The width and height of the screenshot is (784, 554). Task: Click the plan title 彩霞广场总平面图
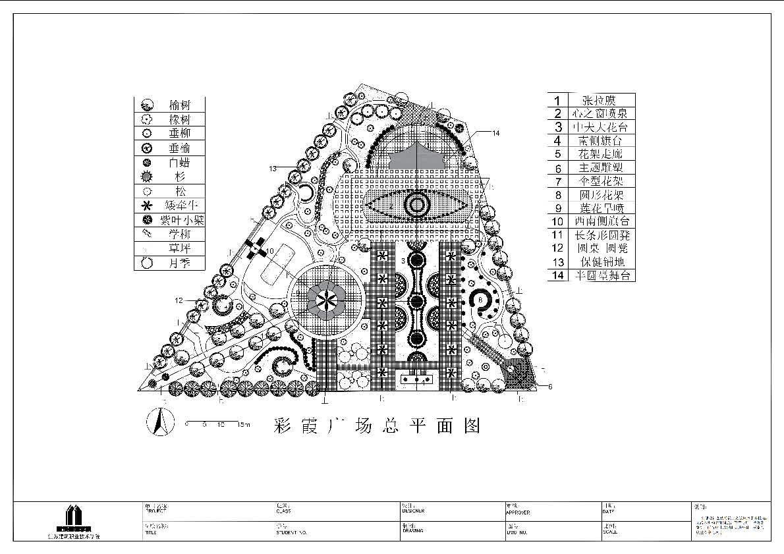click(x=376, y=426)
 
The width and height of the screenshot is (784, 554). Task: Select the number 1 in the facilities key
click(x=557, y=101)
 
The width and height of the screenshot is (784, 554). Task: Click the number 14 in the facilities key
click(x=557, y=275)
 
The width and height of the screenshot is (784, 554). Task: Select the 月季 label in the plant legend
click(x=179, y=263)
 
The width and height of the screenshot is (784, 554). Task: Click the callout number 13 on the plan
click(x=273, y=169)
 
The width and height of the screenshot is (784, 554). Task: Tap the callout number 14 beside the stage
click(x=495, y=133)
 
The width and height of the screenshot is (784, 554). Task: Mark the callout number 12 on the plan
click(x=179, y=300)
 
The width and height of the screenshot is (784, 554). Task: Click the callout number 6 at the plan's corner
click(x=550, y=387)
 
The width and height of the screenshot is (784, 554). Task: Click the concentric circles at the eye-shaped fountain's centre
click(x=417, y=206)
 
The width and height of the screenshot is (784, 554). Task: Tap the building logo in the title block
click(x=73, y=518)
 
